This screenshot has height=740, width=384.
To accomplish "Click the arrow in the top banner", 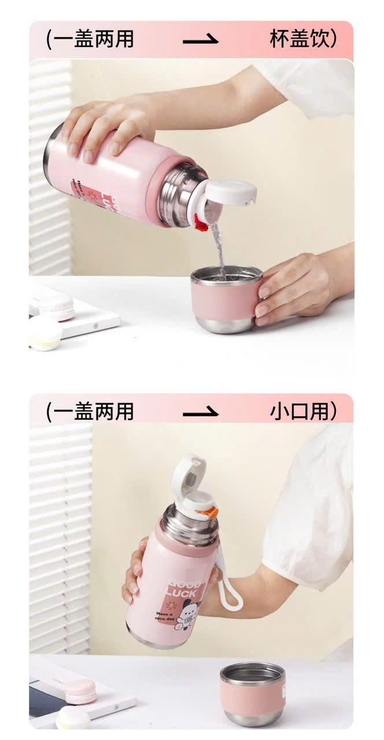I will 201,40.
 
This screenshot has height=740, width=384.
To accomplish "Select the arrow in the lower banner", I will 201,412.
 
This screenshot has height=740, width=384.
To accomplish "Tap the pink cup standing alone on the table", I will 252,693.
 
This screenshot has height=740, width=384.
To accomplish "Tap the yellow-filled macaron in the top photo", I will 45,334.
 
